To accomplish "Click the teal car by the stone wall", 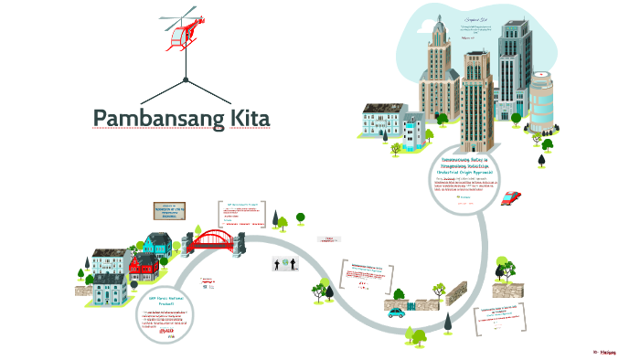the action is [397, 312].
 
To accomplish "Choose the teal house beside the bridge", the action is [158, 244].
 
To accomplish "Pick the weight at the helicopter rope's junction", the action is [186, 80].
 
